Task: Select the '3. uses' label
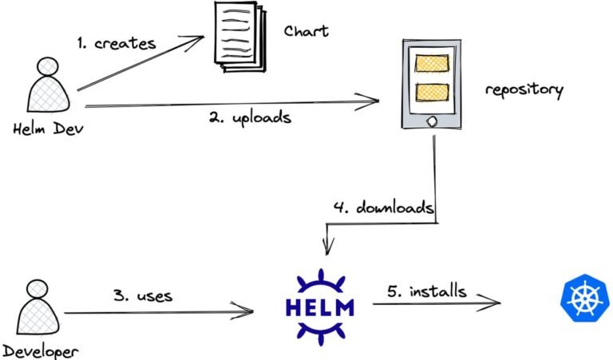(x=143, y=296)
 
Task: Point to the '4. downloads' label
(x=384, y=209)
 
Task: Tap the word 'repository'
(x=524, y=89)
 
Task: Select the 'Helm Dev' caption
(x=43, y=131)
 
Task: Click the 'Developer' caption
(x=39, y=350)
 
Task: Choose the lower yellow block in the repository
(x=430, y=92)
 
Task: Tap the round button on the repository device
(x=432, y=122)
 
